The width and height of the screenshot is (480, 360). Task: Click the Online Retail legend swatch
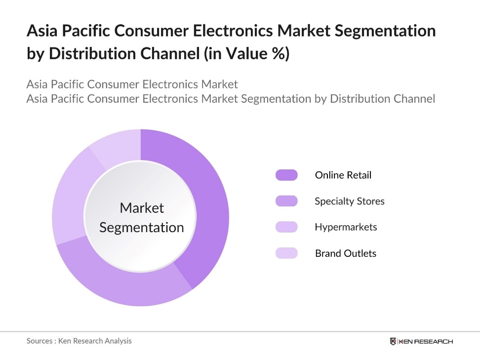(x=286, y=175)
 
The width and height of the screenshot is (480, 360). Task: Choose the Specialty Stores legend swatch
(x=286, y=201)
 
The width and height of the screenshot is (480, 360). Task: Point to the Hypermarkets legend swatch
(x=286, y=227)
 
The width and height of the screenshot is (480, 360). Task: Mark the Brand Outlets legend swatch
(x=286, y=253)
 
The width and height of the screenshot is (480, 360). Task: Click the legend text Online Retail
(x=343, y=175)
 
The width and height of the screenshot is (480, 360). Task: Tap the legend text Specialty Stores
(x=350, y=201)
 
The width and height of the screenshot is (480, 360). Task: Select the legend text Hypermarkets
(x=346, y=227)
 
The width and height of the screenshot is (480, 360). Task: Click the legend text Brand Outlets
(x=346, y=253)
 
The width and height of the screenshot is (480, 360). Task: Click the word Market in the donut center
(x=142, y=208)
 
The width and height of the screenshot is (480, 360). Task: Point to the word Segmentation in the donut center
(x=141, y=228)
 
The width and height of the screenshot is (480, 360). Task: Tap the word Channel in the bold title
(x=170, y=53)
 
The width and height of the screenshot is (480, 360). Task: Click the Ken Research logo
(x=421, y=341)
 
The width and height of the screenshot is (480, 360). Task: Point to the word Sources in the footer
(x=40, y=341)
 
